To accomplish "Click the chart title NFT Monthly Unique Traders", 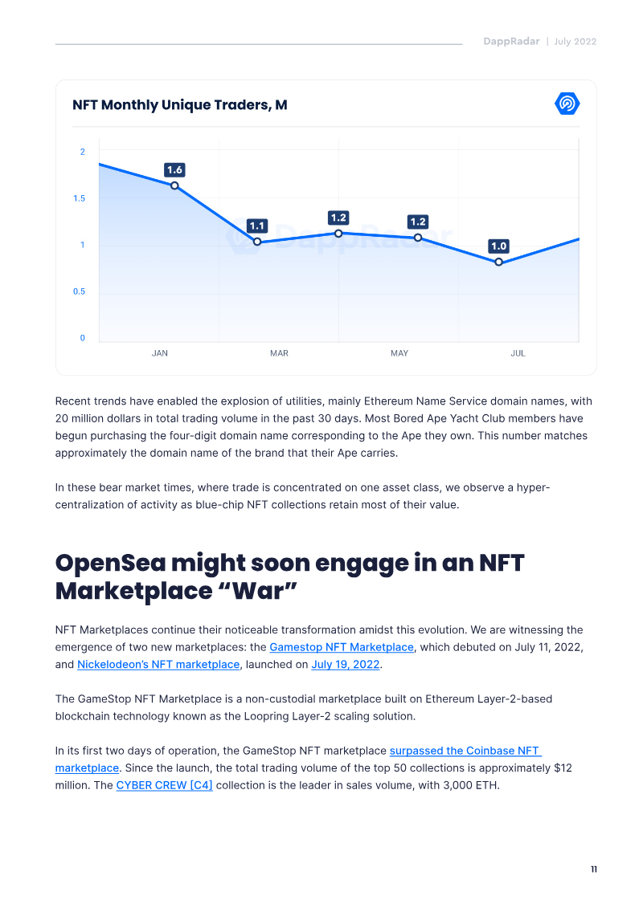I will point(179,105).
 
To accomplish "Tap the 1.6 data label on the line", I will point(174,169).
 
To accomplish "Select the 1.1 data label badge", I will point(257,226).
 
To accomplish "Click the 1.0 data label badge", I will point(499,246).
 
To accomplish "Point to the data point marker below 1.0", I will point(499,262).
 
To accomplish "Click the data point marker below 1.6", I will point(174,185).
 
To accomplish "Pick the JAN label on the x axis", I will point(160,353).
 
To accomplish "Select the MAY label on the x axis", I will point(399,353).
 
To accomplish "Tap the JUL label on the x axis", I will point(518,353).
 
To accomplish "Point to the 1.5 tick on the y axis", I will point(79,198).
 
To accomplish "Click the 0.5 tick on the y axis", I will point(79,291).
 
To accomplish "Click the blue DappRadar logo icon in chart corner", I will point(567,104).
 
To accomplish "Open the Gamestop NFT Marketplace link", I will point(342,647).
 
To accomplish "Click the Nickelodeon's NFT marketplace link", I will point(158,664).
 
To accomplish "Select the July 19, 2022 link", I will point(346,664).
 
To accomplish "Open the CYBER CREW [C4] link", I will point(164,784).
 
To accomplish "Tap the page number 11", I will point(593,869).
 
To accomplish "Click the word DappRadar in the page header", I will point(511,42).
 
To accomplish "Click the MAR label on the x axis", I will point(279,353).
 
